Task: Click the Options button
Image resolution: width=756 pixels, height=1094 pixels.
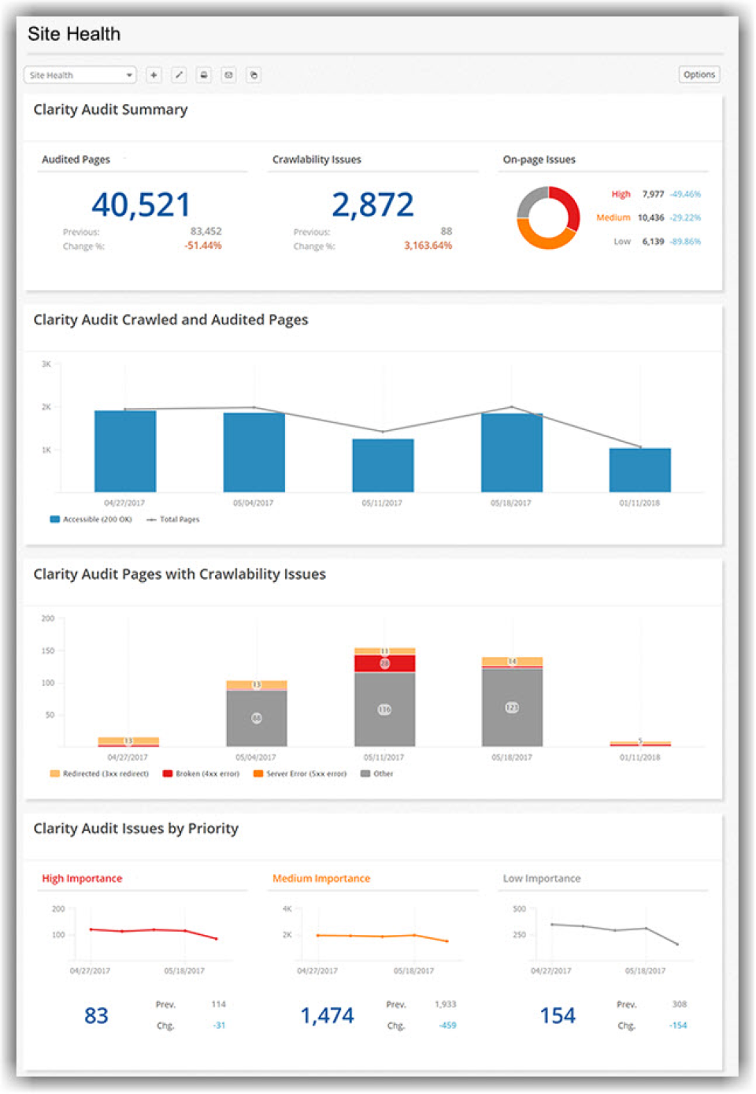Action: (x=699, y=75)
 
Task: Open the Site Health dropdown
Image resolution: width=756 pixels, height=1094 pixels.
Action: (x=80, y=75)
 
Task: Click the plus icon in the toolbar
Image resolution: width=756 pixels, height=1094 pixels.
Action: (x=154, y=75)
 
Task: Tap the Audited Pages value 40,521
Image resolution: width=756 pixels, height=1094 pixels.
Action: (x=141, y=205)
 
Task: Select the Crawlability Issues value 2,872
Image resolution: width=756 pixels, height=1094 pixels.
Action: (x=372, y=205)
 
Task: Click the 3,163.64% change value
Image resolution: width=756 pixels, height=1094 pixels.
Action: (x=428, y=246)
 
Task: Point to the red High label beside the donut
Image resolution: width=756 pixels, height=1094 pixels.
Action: (x=621, y=194)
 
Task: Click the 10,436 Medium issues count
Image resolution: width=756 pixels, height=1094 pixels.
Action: (x=650, y=217)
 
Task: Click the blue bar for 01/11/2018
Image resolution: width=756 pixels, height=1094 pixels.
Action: (x=639, y=470)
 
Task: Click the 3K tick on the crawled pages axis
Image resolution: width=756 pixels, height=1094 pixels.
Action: (x=46, y=364)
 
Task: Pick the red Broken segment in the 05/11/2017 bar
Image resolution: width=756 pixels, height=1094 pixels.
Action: (x=384, y=663)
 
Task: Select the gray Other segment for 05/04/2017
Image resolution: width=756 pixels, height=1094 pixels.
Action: (x=256, y=718)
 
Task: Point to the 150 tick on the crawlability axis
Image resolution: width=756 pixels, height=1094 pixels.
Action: (x=48, y=651)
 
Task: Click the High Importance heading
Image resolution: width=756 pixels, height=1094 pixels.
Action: (x=82, y=878)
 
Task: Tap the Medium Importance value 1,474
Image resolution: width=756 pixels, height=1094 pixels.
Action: (x=327, y=1015)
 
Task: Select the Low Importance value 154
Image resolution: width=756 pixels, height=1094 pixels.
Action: (x=558, y=1015)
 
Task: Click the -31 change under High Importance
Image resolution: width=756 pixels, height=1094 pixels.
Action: (x=219, y=1025)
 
